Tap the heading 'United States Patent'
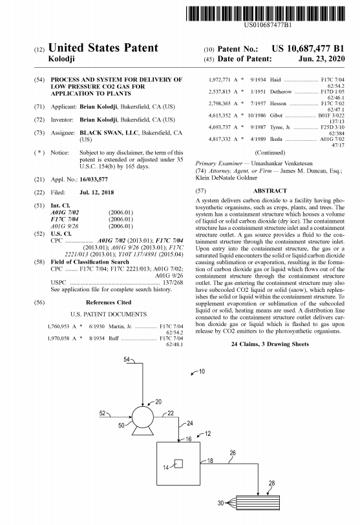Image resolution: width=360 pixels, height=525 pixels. (103, 48)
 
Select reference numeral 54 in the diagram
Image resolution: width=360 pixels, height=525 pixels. (127, 359)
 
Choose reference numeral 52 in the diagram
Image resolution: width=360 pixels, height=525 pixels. (102, 411)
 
